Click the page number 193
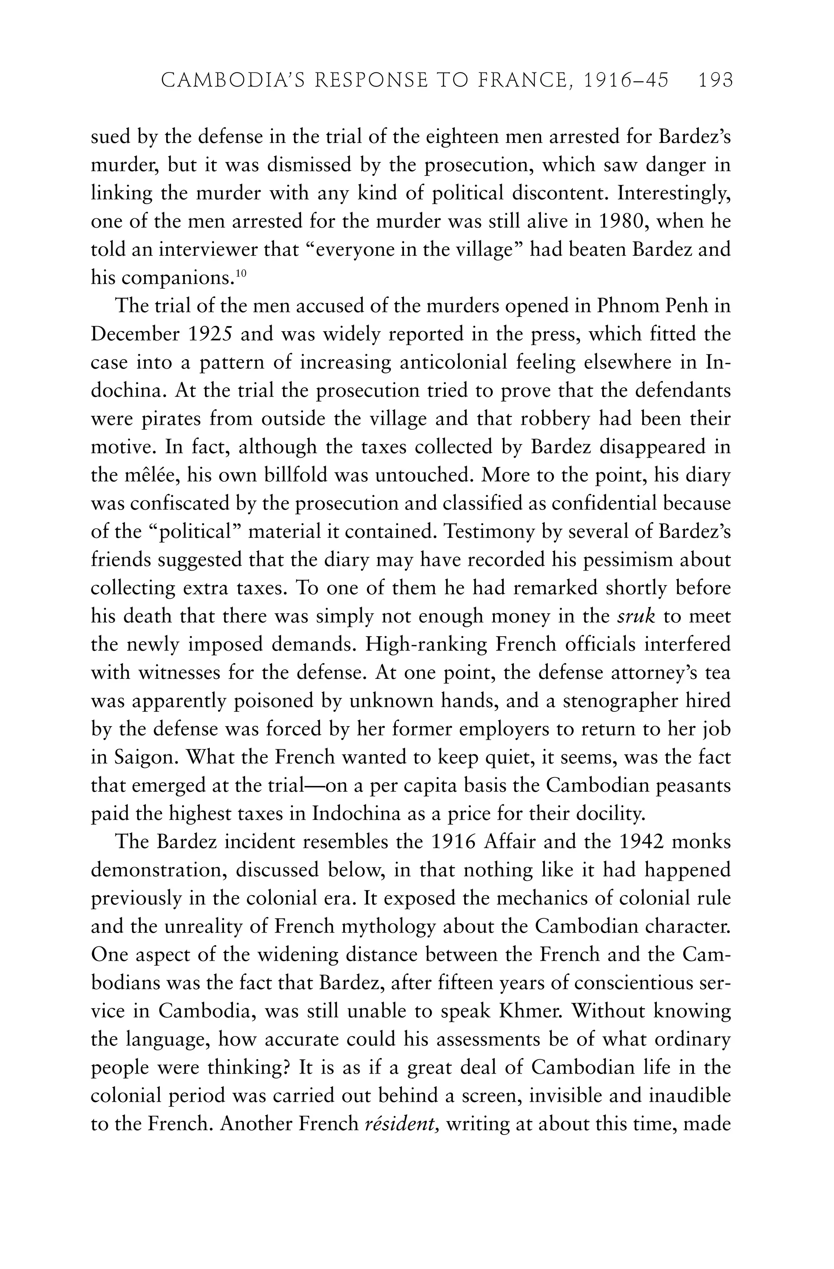coord(715,81)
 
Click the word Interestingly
coord(674,193)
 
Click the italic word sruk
coord(636,616)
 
